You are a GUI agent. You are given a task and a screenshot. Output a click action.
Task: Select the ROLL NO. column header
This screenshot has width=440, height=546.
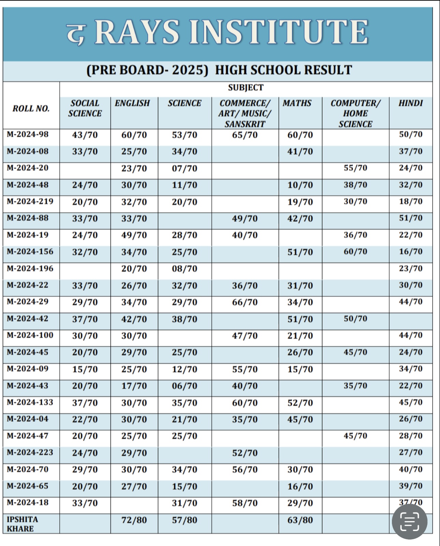(x=31, y=109)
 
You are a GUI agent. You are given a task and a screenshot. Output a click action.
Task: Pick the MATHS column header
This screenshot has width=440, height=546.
(x=297, y=103)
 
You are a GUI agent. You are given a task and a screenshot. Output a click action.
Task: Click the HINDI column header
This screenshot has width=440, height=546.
(x=410, y=103)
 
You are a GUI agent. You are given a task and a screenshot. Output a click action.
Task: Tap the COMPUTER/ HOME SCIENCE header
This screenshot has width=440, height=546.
(x=355, y=113)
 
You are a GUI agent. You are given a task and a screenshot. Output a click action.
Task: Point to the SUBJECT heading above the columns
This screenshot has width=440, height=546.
(x=246, y=88)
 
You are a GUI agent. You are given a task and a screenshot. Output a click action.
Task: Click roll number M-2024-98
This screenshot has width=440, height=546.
(x=28, y=134)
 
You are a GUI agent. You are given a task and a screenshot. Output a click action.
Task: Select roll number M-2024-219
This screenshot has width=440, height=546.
(x=30, y=201)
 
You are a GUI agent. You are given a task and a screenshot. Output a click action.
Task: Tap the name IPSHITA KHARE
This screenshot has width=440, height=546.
(x=22, y=524)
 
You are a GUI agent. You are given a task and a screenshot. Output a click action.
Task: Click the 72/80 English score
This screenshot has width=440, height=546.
(x=134, y=520)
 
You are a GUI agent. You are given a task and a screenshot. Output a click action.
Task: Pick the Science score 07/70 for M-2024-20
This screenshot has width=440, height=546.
(x=185, y=168)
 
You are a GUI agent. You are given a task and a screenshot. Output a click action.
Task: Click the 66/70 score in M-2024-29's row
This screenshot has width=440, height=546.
(x=245, y=302)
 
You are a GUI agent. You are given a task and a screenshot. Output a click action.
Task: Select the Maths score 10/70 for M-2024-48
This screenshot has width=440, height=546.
(x=300, y=185)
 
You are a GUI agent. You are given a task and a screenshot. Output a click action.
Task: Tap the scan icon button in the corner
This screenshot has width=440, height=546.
(x=409, y=522)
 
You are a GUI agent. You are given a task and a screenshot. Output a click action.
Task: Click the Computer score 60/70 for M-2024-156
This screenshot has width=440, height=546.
(x=355, y=252)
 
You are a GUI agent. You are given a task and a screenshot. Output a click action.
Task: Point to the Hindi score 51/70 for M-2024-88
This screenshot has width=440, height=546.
(x=411, y=218)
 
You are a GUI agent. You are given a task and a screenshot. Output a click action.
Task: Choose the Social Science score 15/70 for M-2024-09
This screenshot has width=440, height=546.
(x=85, y=369)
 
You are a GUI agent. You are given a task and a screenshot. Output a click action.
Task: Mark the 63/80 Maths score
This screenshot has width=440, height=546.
(x=300, y=520)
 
